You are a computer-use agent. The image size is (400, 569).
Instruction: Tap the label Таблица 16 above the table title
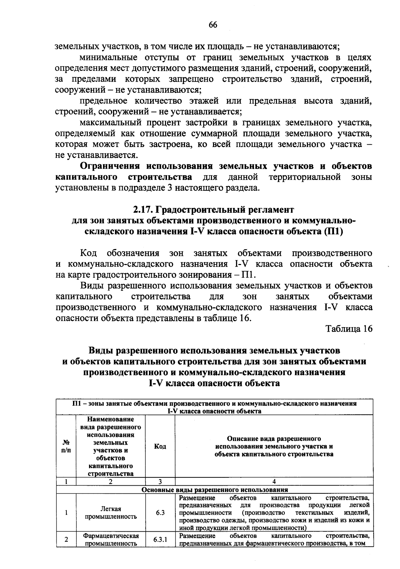pyautogui.click(x=349, y=329)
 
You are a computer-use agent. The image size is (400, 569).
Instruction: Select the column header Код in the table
pyautogui.click(x=160, y=446)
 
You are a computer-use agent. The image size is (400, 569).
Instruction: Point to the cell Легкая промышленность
pyautogui.click(x=111, y=513)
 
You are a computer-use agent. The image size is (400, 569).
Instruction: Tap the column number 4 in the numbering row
pyautogui.click(x=274, y=481)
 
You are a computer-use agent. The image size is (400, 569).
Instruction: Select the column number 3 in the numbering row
pyautogui.click(x=160, y=481)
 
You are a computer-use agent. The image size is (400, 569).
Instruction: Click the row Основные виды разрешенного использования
pyautogui.click(x=215, y=490)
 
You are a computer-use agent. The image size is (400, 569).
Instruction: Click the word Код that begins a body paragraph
pyautogui.click(x=88, y=253)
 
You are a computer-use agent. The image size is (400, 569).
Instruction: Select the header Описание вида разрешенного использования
pyautogui.click(x=274, y=446)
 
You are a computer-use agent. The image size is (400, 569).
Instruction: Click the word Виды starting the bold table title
pyautogui.click(x=100, y=351)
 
